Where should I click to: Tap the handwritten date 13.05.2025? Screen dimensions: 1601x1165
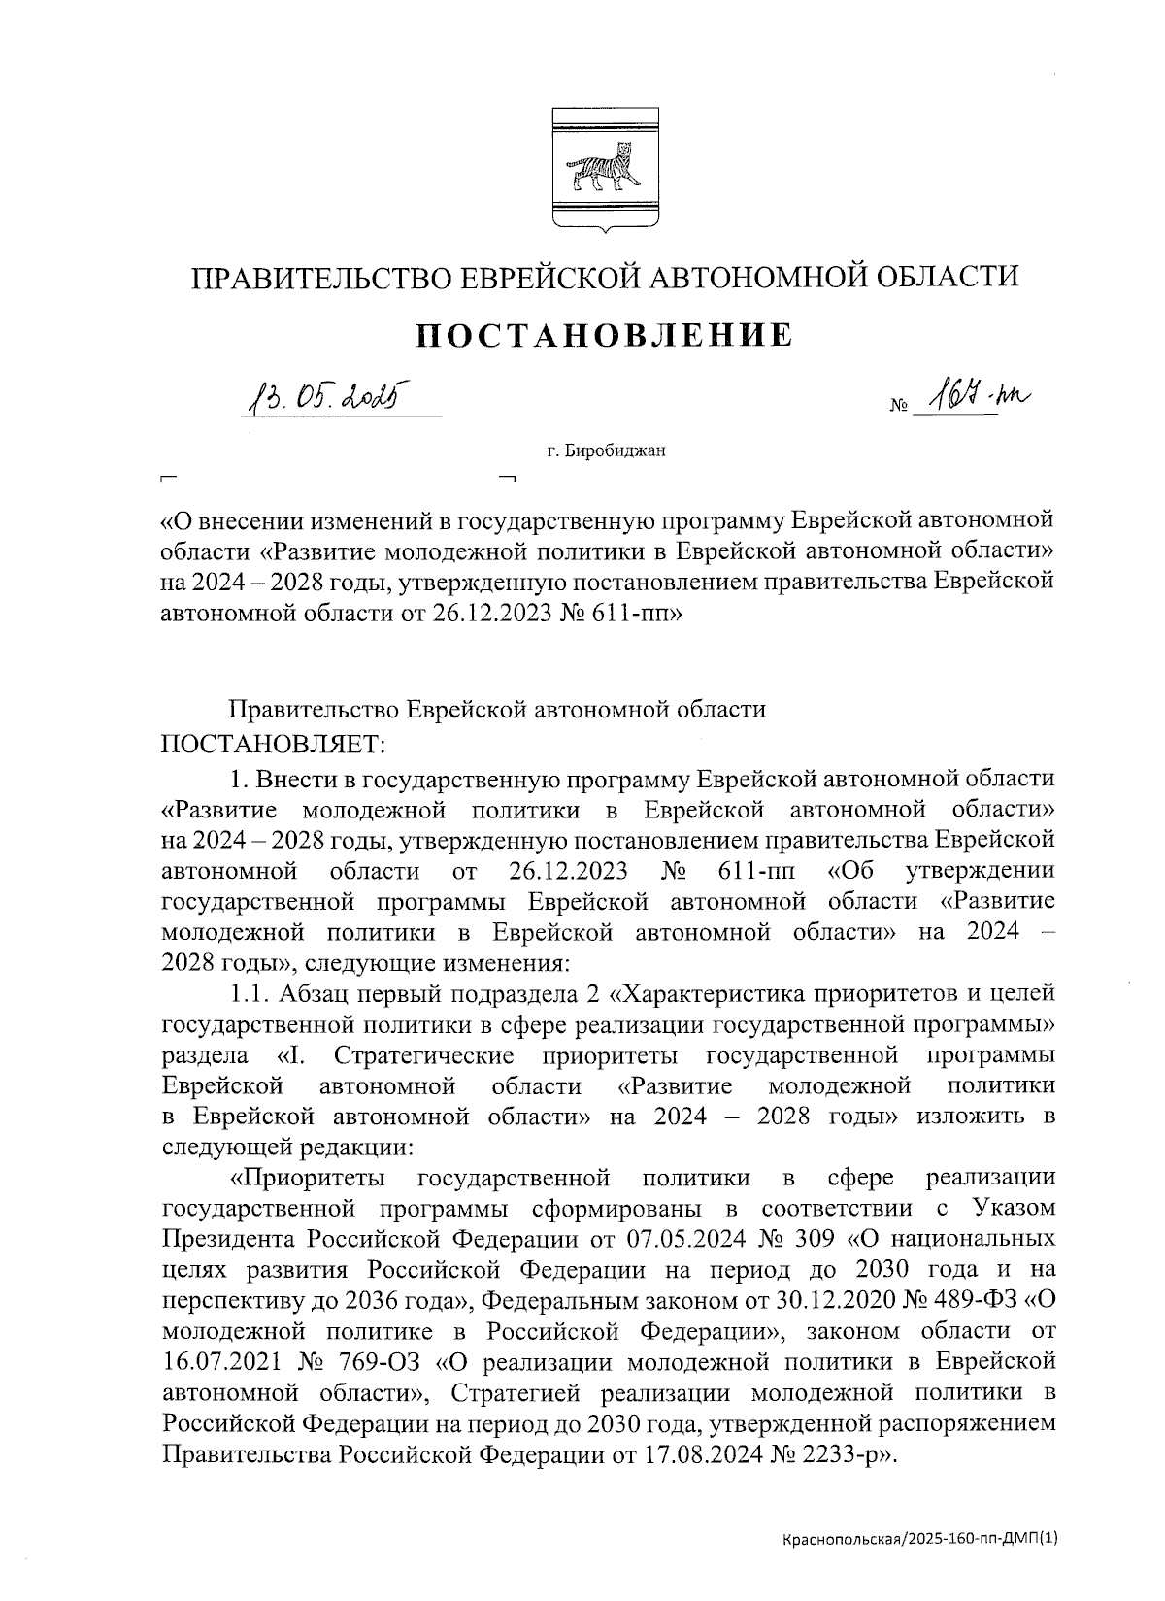[x=326, y=395]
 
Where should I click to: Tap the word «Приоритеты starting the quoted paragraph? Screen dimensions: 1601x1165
[x=306, y=1178]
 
